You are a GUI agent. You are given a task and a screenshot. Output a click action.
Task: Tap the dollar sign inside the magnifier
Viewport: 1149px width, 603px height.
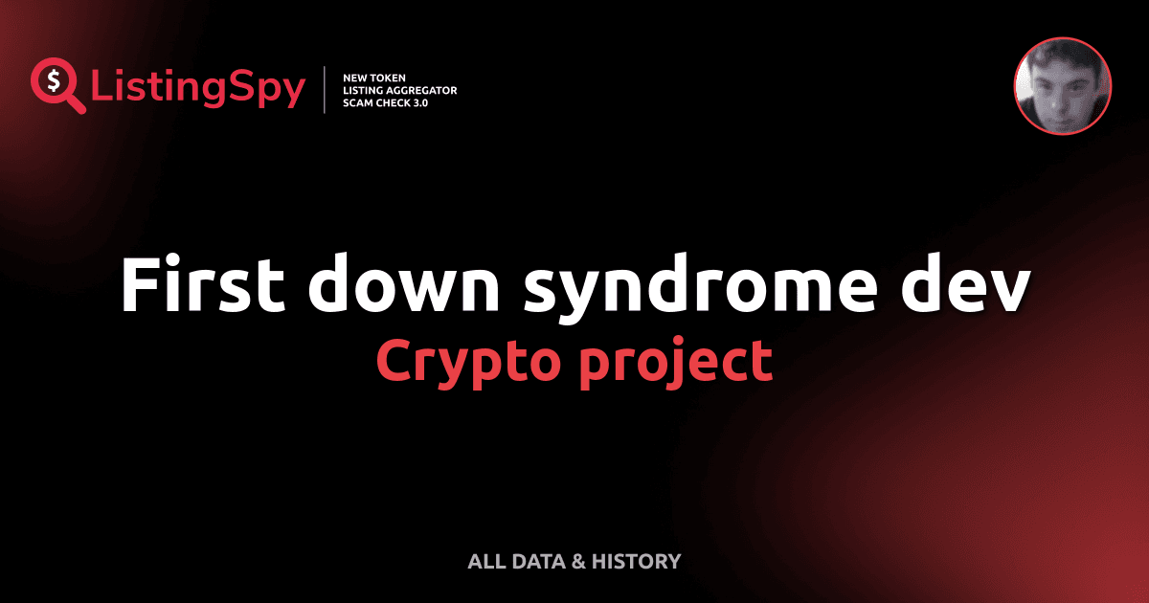[x=53, y=80]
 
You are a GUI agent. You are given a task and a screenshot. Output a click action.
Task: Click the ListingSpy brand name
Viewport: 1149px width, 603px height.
[x=198, y=89]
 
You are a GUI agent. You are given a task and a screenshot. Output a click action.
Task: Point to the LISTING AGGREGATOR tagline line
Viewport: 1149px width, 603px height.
[x=399, y=90]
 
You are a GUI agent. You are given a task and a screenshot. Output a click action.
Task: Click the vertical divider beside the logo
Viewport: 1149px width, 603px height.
[x=327, y=90]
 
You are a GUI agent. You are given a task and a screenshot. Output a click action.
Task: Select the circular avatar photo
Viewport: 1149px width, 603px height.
[x=1062, y=86]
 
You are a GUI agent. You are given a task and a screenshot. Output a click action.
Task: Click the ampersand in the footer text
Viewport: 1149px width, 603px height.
[x=578, y=562]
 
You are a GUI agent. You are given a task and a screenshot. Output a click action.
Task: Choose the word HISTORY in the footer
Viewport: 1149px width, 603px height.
[x=636, y=562]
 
